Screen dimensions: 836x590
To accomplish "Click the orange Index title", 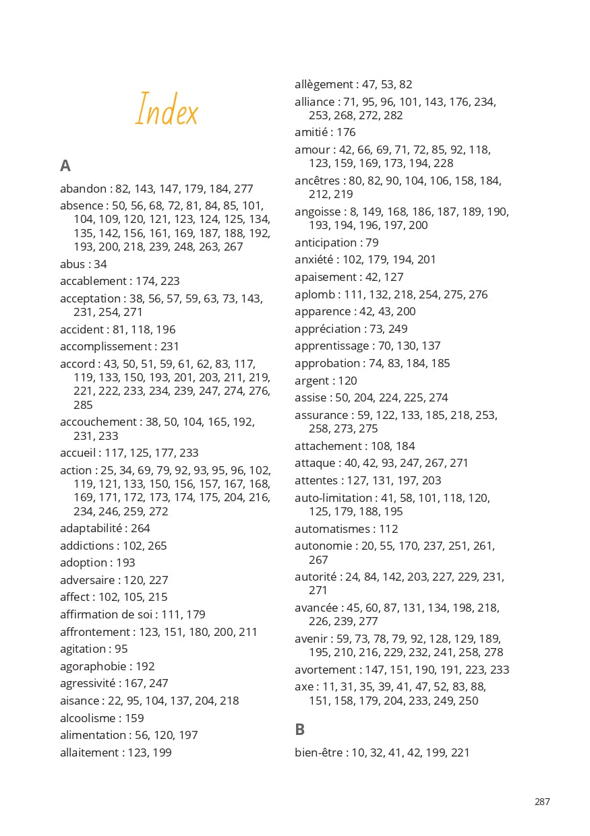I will coord(167,110).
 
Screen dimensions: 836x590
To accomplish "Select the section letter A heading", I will coord(65,166).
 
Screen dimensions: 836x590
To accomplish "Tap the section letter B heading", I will coord(300,730).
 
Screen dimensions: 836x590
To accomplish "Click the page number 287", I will coord(542,802).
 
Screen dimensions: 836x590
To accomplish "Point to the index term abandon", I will coord(83,189).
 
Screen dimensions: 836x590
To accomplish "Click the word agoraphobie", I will coord(91,666).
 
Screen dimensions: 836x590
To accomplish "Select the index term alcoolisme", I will coord(87,718).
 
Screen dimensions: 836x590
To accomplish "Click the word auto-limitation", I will coord(333,498).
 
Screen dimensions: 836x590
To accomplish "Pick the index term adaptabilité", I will coord(90,528).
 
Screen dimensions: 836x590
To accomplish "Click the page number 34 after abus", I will coord(100,264).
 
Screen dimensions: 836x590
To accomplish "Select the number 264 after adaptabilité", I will coord(141,528).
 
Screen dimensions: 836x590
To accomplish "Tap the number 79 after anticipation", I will coord(372,243).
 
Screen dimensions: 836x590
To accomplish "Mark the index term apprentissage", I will coord(332,346).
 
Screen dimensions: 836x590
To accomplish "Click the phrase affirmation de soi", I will coord(108,614).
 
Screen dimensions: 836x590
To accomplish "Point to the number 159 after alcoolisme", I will coord(135,718).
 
